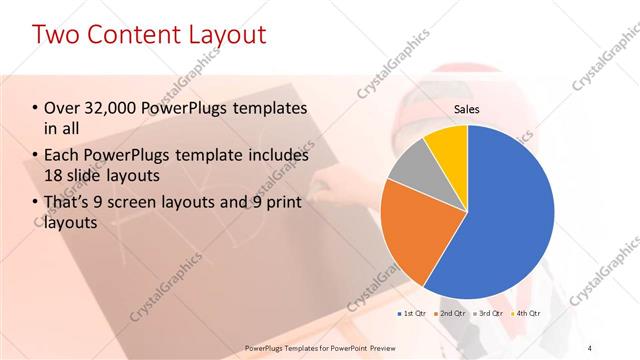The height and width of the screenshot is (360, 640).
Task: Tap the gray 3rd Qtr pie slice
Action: point(410,169)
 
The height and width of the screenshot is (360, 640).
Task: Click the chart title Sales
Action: point(467,109)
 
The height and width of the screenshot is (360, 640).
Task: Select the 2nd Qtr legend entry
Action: point(450,314)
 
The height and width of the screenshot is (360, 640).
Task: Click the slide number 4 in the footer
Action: point(591,347)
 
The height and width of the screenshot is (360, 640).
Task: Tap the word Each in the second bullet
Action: point(63,156)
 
